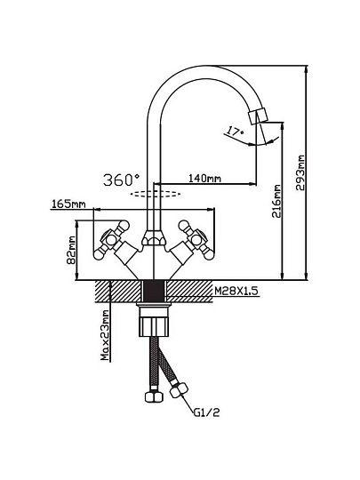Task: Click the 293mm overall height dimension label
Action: (300, 173)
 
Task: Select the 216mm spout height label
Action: (276, 201)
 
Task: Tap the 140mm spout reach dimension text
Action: (204, 178)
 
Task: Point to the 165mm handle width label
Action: (68, 204)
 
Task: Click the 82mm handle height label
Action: (71, 250)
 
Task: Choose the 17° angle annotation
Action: (235, 132)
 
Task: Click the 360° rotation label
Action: (122, 180)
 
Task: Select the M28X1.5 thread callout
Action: (236, 291)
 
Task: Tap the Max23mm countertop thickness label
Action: (105, 335)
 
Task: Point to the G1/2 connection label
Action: (206, 412)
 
